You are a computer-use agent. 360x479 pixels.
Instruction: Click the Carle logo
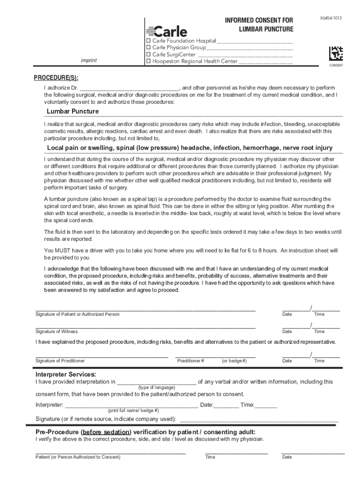pos(167,31)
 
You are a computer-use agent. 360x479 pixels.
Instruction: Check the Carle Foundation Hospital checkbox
pos(149,41)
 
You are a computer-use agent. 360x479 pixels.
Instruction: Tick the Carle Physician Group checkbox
pos(149,48)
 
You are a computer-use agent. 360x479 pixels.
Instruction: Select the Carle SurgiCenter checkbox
pos(149,54)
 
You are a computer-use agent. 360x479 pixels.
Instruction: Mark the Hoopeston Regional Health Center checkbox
pos(149,61)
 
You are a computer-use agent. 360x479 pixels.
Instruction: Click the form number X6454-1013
pos(331,18)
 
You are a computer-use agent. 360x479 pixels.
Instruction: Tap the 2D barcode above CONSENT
pos(336,53)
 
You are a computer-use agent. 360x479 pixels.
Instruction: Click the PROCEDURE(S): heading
pos(56,78)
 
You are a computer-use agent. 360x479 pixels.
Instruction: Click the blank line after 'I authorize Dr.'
pos(129,88)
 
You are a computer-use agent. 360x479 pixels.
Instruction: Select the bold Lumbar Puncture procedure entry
pos(72,111)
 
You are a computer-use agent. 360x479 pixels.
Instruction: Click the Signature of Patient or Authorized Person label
pos(78,314)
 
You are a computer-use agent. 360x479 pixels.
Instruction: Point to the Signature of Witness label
pos(57,332)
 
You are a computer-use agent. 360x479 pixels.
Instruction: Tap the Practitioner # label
pos(190,361)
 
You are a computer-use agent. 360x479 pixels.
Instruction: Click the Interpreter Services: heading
pos(66,375)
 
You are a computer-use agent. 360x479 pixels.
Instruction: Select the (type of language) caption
pos(157,387)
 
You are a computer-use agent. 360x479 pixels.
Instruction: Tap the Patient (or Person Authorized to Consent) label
pos(78,457)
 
